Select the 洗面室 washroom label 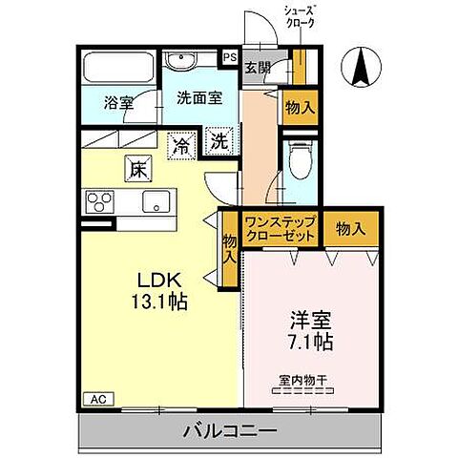198,96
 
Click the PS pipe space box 230,57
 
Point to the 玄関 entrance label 256,69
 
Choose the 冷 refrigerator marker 179,145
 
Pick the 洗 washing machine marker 218,141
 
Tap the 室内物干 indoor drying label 302,381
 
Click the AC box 97,399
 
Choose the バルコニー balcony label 229,432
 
